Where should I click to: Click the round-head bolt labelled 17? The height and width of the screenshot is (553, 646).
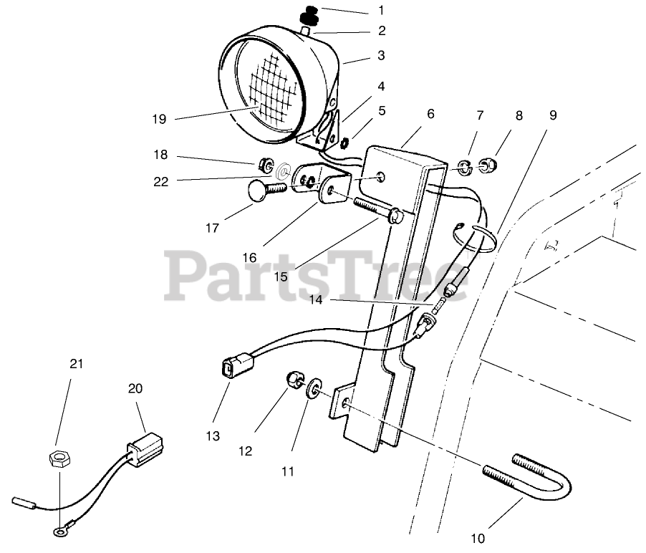tap(260, 191)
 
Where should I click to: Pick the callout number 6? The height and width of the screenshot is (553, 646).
tap(430, 113)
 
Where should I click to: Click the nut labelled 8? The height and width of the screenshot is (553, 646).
tap(489, 168)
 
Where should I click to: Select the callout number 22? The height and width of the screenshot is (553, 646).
tap(160, 182)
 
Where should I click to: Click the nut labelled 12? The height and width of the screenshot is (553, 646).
tap(294, 378)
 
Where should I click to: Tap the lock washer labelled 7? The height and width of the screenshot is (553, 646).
tap(464, 168)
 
